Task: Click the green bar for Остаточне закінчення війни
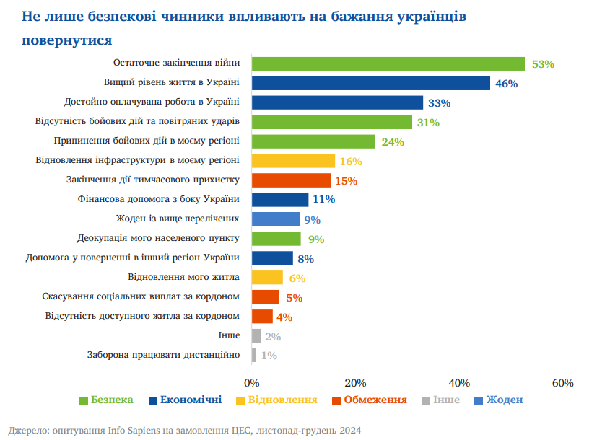click(388, 63)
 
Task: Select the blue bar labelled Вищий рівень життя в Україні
click(370, 83)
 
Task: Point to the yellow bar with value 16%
click(293, 161)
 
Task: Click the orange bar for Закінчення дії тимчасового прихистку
click(291, 180)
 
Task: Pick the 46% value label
click(506, 84)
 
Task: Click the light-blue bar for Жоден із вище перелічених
click(276, 219)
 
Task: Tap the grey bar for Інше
click(256, 335)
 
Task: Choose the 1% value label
click(269, 355)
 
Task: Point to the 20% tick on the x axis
click(355, 382)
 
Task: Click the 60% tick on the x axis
click(562, 382)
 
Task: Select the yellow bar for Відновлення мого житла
click(267, 277)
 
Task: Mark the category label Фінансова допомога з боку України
click(158, 199)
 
